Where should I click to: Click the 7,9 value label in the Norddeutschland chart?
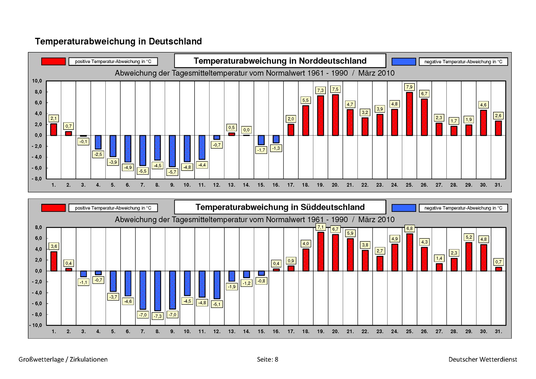tap(409, 87)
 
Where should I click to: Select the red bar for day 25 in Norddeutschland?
tap(409, 114)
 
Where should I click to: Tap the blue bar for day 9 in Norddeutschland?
tap(172, 151)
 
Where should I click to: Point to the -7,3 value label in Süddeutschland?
tap(158, 316)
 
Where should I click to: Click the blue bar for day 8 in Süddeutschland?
tap(158, 291)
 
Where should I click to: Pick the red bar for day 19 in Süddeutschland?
tap(321, 252)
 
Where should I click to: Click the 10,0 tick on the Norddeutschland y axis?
tap(37, 81)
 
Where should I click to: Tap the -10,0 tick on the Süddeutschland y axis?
tap(36, 325)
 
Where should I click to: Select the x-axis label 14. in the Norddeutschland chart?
tap(246, 185)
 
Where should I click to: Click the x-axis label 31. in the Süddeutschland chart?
tap(498, 332)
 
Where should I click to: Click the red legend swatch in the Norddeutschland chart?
tap(53, 61)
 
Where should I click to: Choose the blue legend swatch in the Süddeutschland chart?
tap(404, 208)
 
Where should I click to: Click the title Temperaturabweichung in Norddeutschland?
tap(280, 61)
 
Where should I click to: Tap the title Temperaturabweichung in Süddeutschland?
tap(280, 207)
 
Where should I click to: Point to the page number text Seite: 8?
tap(267, 359)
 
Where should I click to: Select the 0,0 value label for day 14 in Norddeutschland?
tap(246, 130)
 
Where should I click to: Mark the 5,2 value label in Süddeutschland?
tap(469, 237)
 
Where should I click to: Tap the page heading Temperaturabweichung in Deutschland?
tap(118, 41)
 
